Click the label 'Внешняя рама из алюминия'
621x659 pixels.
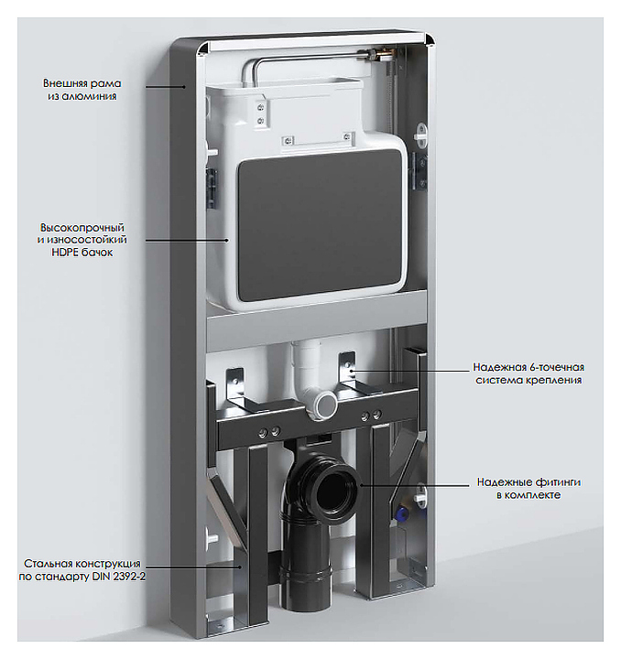click(x=82, y=90)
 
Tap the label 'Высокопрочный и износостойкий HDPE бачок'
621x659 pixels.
click(x=82, y=240)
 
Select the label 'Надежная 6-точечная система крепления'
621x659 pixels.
click(x=528, y=373)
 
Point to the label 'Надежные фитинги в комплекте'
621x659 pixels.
click(x=528, y=488)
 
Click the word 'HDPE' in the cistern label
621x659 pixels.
click(x=64, y=253)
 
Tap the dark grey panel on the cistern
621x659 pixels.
click(x=320, y=225)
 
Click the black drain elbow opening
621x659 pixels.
click(x=335, y=489)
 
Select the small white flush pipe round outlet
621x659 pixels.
click(x=326, y=404)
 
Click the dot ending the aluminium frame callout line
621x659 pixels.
click(x=184, y=87)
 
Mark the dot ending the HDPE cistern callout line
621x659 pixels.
click(x=227, y=241)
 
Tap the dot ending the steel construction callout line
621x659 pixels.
click(x=240, y=567)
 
